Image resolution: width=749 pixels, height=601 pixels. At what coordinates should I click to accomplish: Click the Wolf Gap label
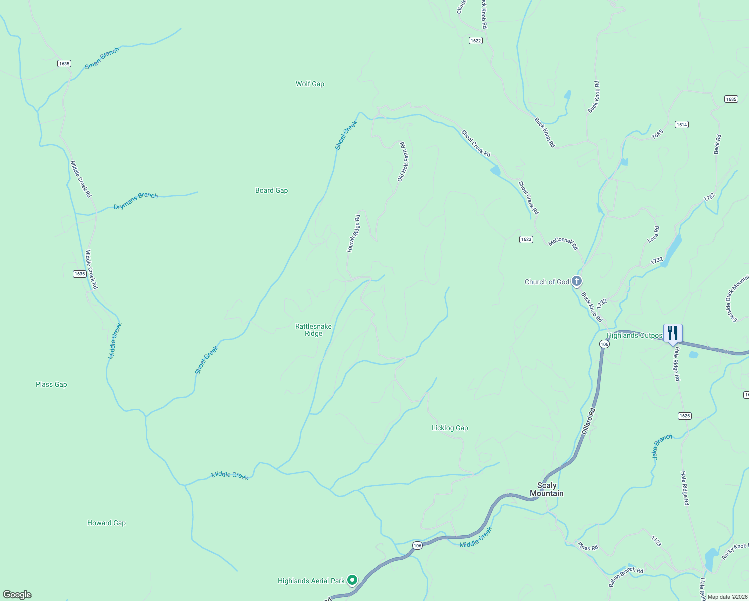[x=310, y=84]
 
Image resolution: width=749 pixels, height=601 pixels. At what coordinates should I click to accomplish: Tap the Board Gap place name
[x=271, y=190]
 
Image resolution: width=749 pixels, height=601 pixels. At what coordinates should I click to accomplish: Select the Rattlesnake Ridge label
[x=313, y=330]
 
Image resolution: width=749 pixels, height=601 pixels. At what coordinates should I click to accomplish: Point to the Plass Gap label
[x=51, y=384]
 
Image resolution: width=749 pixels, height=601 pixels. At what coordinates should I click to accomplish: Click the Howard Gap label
[x=106, y=523]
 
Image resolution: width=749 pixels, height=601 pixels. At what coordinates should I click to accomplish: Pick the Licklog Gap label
[x=450, y=428]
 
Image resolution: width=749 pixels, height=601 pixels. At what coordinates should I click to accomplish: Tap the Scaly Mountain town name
[x=547, y=489]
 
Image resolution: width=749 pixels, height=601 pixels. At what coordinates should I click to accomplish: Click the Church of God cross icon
[x=577, y=281]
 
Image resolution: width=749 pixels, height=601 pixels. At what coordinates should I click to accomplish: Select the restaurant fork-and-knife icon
[x=673, y=333]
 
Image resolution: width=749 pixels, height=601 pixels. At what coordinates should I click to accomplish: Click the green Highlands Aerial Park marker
[x=352, y=580]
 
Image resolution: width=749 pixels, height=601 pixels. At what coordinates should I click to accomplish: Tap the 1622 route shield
[x=476, y=40]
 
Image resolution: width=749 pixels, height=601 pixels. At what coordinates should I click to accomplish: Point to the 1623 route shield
[x=526, y=239]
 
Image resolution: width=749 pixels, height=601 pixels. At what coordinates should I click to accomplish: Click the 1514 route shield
[x=681, y=124]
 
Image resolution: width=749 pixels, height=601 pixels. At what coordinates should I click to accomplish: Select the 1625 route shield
[x=685, y=416]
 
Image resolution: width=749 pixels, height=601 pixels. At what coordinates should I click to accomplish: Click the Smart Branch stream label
[x=102, y=58]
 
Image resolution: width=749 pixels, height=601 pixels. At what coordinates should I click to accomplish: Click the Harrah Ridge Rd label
[x=354, y=233]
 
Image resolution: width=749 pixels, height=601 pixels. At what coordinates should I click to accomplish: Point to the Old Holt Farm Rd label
[x=403, y=162]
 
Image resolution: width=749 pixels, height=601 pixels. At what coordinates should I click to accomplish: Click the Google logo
[x=17, y=595]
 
